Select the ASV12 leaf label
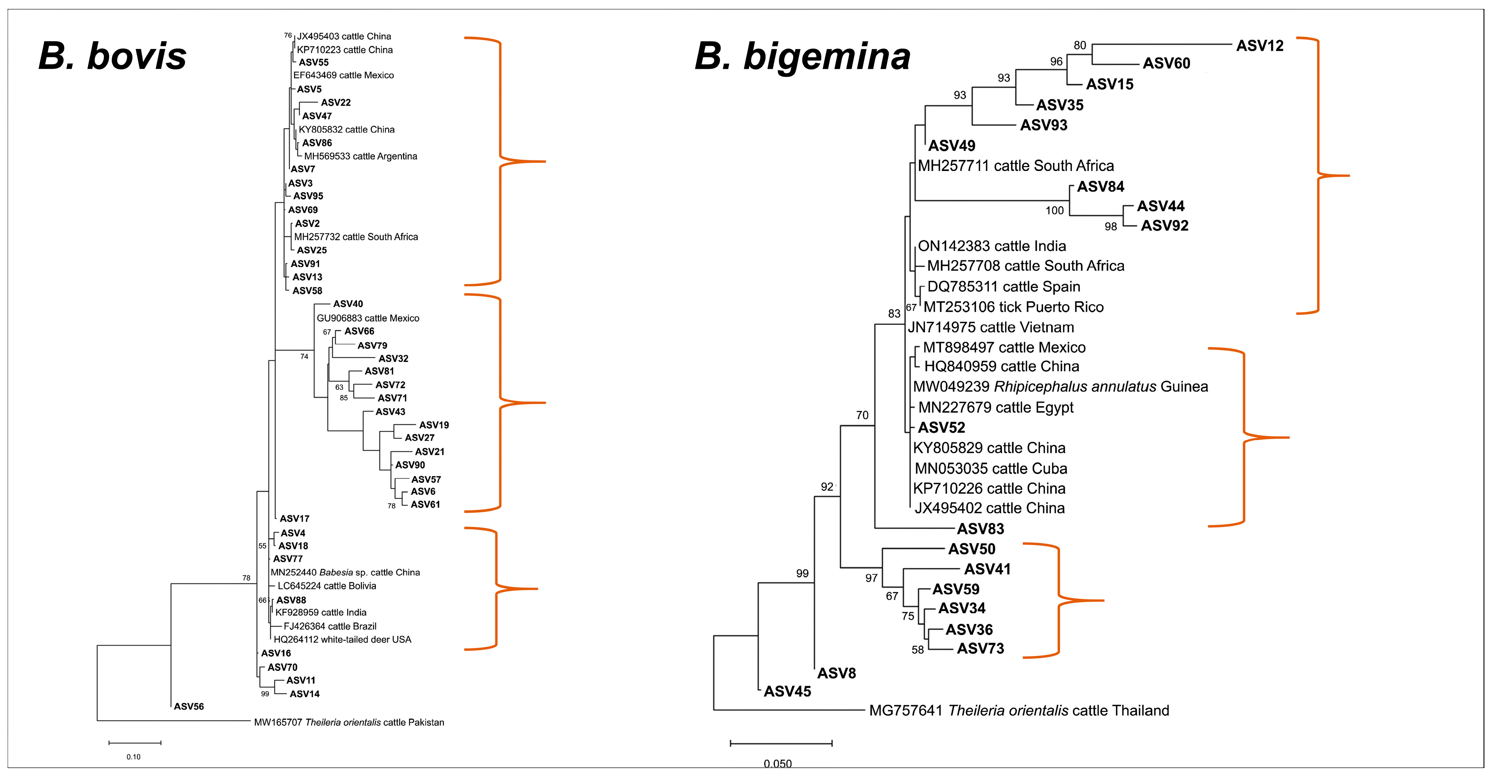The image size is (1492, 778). pyautogui.click(x=1260, y=46)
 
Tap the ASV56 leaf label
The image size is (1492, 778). pyautogui.click(x=189, y=706)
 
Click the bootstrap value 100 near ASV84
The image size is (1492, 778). pyautogui.click(x=1055, y=211)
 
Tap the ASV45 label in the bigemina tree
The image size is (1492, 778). pyautogui.click(x=787, y=691)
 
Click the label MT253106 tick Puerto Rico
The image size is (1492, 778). pyautogui.click(x=1013, y=307)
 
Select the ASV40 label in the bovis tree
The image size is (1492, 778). pyautogui.click(x=348, y=304)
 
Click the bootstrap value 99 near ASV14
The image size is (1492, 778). pyautogui.click(x=265, y=693)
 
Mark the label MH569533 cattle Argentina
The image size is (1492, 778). pyautogui.click(x=360, y=156)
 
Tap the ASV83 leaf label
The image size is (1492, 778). pyautogui.click(x=980, y=529)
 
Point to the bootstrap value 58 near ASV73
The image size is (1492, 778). pyautogui.click(x=917, y=650)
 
